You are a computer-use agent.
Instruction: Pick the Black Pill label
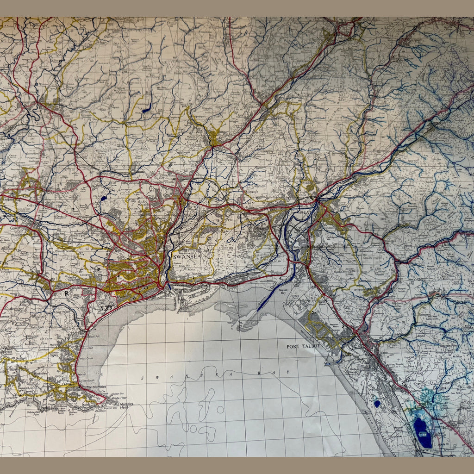coord(94,337)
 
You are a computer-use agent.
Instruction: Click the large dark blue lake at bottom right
coord(422,432)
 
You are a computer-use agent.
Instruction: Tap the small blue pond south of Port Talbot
coord(377,404)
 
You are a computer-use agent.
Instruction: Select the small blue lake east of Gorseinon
coord(103,198)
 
